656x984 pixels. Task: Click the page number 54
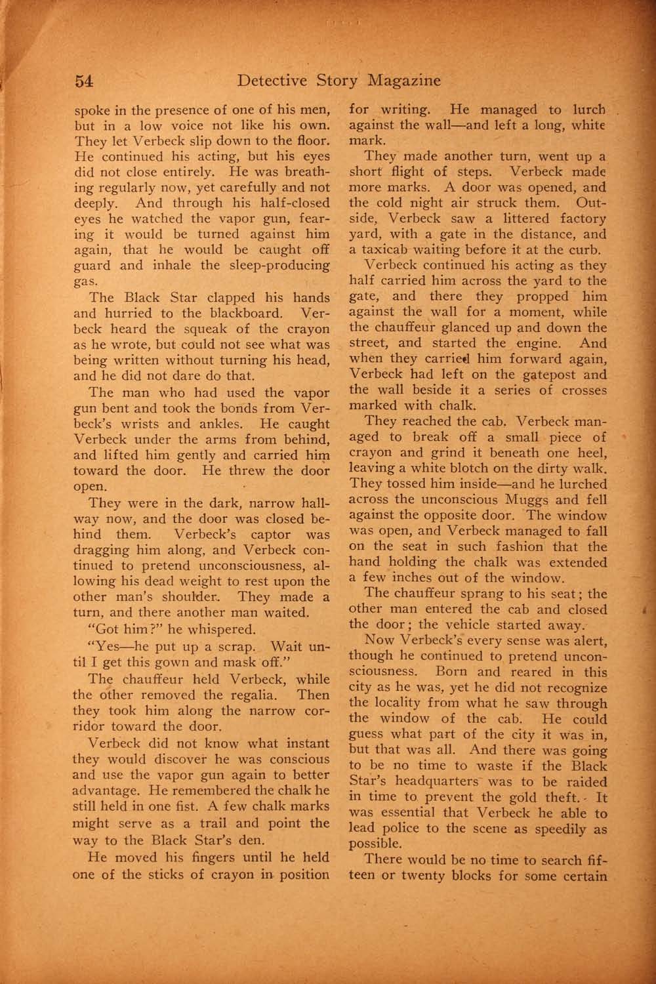click(x=85, y=80)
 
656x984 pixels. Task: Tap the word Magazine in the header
click(x=403, y=81)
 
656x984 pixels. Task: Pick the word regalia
click(x=262, y=694)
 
